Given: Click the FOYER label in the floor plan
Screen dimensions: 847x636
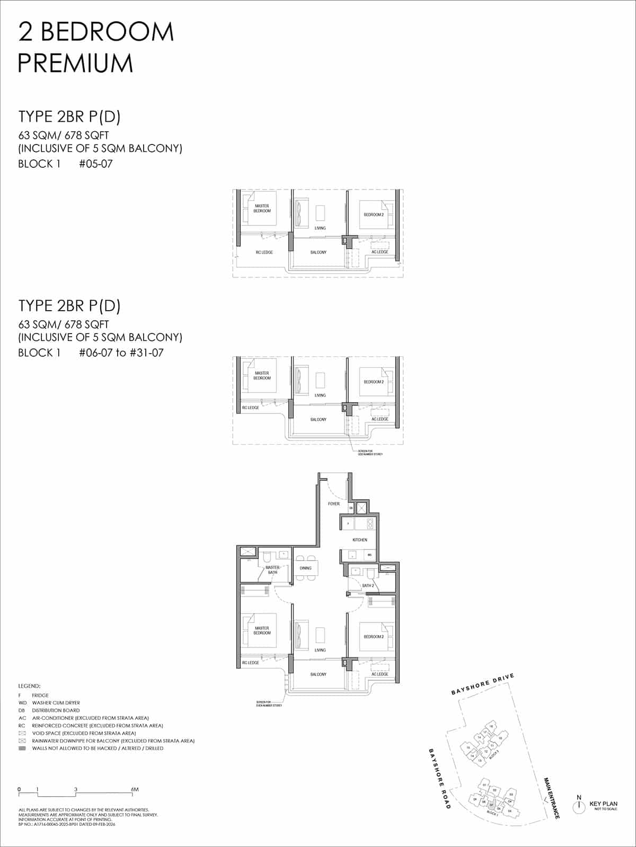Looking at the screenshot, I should point(334,504).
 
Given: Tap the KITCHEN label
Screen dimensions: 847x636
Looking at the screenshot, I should point(360,540).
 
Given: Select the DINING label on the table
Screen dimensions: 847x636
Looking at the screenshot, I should point(306,568).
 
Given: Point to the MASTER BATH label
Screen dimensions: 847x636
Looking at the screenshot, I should point(272,570).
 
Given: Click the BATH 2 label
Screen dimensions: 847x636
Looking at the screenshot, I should point(368,585).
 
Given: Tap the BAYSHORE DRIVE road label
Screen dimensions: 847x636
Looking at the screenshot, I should point(483,684).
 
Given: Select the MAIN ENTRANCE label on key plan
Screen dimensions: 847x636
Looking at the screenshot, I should point(552,798).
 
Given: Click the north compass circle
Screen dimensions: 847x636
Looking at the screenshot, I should point(579,806).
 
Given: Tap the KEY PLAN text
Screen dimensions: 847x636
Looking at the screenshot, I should point(603,804).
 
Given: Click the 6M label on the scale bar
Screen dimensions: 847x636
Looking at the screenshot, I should point(135,789).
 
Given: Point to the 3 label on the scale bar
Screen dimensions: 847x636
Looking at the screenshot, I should point(76,789).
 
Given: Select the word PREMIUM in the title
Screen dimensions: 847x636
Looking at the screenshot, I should point(75,64).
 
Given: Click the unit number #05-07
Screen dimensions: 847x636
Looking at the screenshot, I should point(95,164).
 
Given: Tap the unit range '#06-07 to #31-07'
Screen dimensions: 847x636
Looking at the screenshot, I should point(121,353).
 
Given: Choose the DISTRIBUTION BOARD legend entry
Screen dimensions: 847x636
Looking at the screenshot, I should point(56,710).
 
